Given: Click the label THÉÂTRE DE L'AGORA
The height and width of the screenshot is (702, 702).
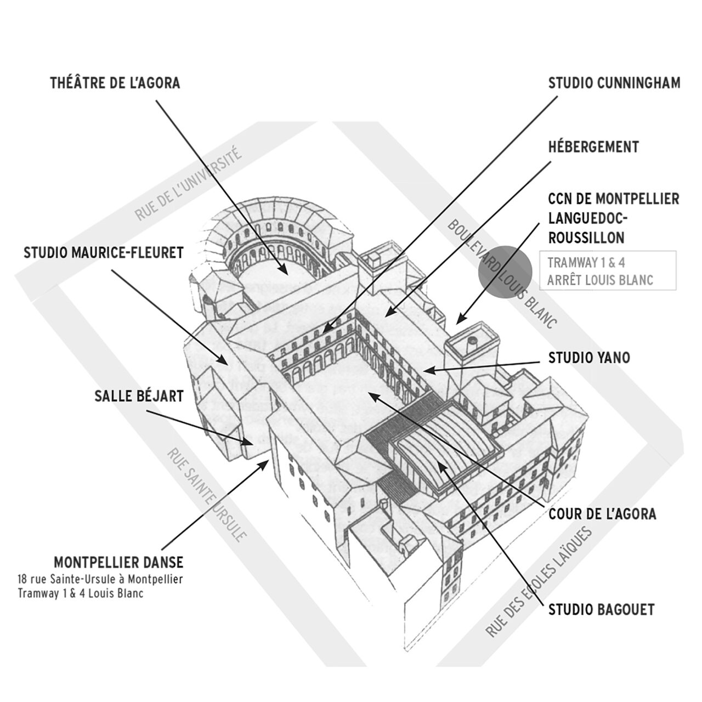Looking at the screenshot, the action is point(115,83).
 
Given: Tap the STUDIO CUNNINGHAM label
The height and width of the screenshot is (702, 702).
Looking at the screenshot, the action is point(614,83).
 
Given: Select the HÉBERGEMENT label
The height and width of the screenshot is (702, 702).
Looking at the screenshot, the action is point(593,147).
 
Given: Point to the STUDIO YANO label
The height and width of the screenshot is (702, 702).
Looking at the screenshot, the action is point(589,358).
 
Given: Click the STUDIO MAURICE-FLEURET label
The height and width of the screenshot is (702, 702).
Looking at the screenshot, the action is point(104,252).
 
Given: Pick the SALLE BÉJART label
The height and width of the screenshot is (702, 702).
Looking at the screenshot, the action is point(139,396).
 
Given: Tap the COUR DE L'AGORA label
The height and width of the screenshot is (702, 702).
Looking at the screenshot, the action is point(602,514).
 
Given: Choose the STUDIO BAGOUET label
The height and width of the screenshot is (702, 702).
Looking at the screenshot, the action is point(602,610).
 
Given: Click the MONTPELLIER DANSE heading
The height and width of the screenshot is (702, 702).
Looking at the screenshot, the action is point(118,563).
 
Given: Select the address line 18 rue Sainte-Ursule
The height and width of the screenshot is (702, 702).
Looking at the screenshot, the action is point(100,579).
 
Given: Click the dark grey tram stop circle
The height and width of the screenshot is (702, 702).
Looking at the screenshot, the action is point(505,273).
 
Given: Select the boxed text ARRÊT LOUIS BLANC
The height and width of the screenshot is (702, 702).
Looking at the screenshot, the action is point(600,280).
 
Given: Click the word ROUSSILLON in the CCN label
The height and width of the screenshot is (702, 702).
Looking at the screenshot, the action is point(586,238).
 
